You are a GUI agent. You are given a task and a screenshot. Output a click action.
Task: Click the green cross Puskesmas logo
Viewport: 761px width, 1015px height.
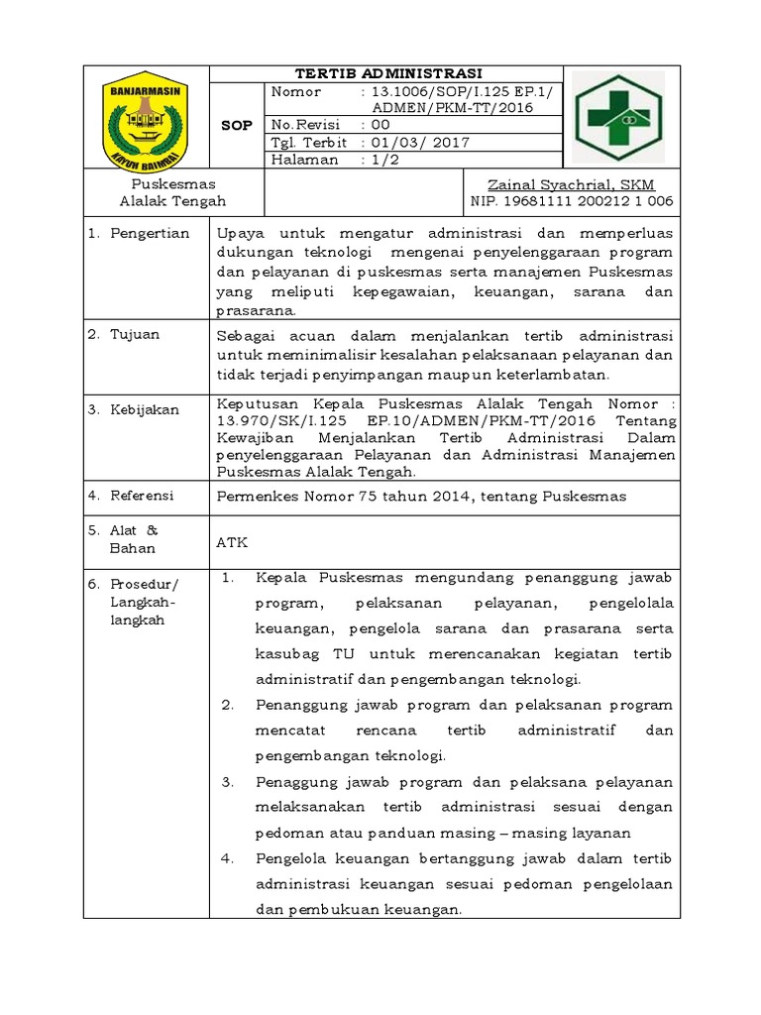point(621,117)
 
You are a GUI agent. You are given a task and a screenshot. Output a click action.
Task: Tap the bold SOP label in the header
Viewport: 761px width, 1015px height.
point(237,125)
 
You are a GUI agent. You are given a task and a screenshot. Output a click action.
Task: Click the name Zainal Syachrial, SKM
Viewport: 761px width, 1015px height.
point(572,185)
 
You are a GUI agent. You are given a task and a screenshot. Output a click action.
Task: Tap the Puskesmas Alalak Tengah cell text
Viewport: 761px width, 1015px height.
point(173,193)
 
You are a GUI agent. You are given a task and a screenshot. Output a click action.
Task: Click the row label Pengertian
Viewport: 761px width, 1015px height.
point(149,234)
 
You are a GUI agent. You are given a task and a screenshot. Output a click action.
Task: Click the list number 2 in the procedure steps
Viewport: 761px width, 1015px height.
point(227,706)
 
